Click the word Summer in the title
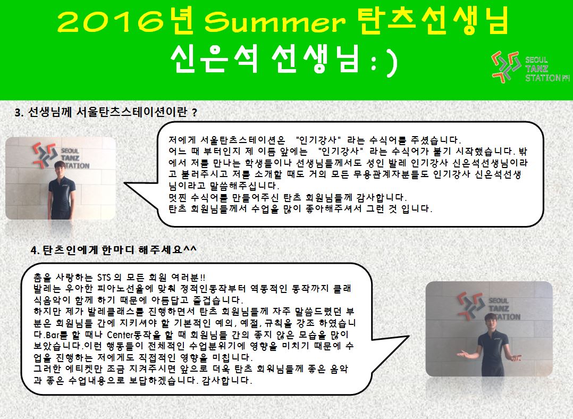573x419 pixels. tap(274, 21)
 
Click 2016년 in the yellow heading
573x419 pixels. tap(125, 21)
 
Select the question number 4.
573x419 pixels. tap(35, 250)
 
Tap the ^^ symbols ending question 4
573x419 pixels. tap(190, 249)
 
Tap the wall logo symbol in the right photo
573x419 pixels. tap(472, 306)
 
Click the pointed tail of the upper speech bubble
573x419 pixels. tap(129, 183)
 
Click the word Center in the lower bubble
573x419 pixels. tap(120, 334)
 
